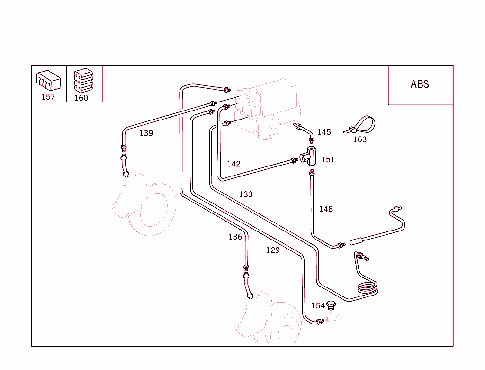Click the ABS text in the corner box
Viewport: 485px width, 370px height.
tap(420, 84)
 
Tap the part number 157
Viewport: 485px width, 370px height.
tap(48, 97)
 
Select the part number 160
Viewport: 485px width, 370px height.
tap(81, 98)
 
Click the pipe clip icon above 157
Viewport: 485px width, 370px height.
tap(48, 80)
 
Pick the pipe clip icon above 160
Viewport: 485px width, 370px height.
tap(83, 80)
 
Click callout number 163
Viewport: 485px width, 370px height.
tap(360, 139)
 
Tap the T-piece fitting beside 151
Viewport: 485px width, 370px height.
tap(311, 156)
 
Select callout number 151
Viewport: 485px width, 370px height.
tap(328, 159)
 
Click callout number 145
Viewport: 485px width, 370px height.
tap(324, 132)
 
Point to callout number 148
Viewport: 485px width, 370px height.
tap(326, 209)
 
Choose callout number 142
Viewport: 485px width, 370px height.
tap(234, 164)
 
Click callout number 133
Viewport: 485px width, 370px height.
tap(246, 194)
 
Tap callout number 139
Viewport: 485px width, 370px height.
tap(146, 133)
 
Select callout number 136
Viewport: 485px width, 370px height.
tap(235, 237)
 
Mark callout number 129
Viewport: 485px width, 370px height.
tap(273, 250)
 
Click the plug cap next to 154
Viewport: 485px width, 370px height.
tap(332, 305)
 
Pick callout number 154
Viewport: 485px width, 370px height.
tap(318, 306)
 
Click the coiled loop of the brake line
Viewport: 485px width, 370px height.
tap(368, 288)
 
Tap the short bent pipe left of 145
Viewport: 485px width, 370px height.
tap(304, 131)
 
